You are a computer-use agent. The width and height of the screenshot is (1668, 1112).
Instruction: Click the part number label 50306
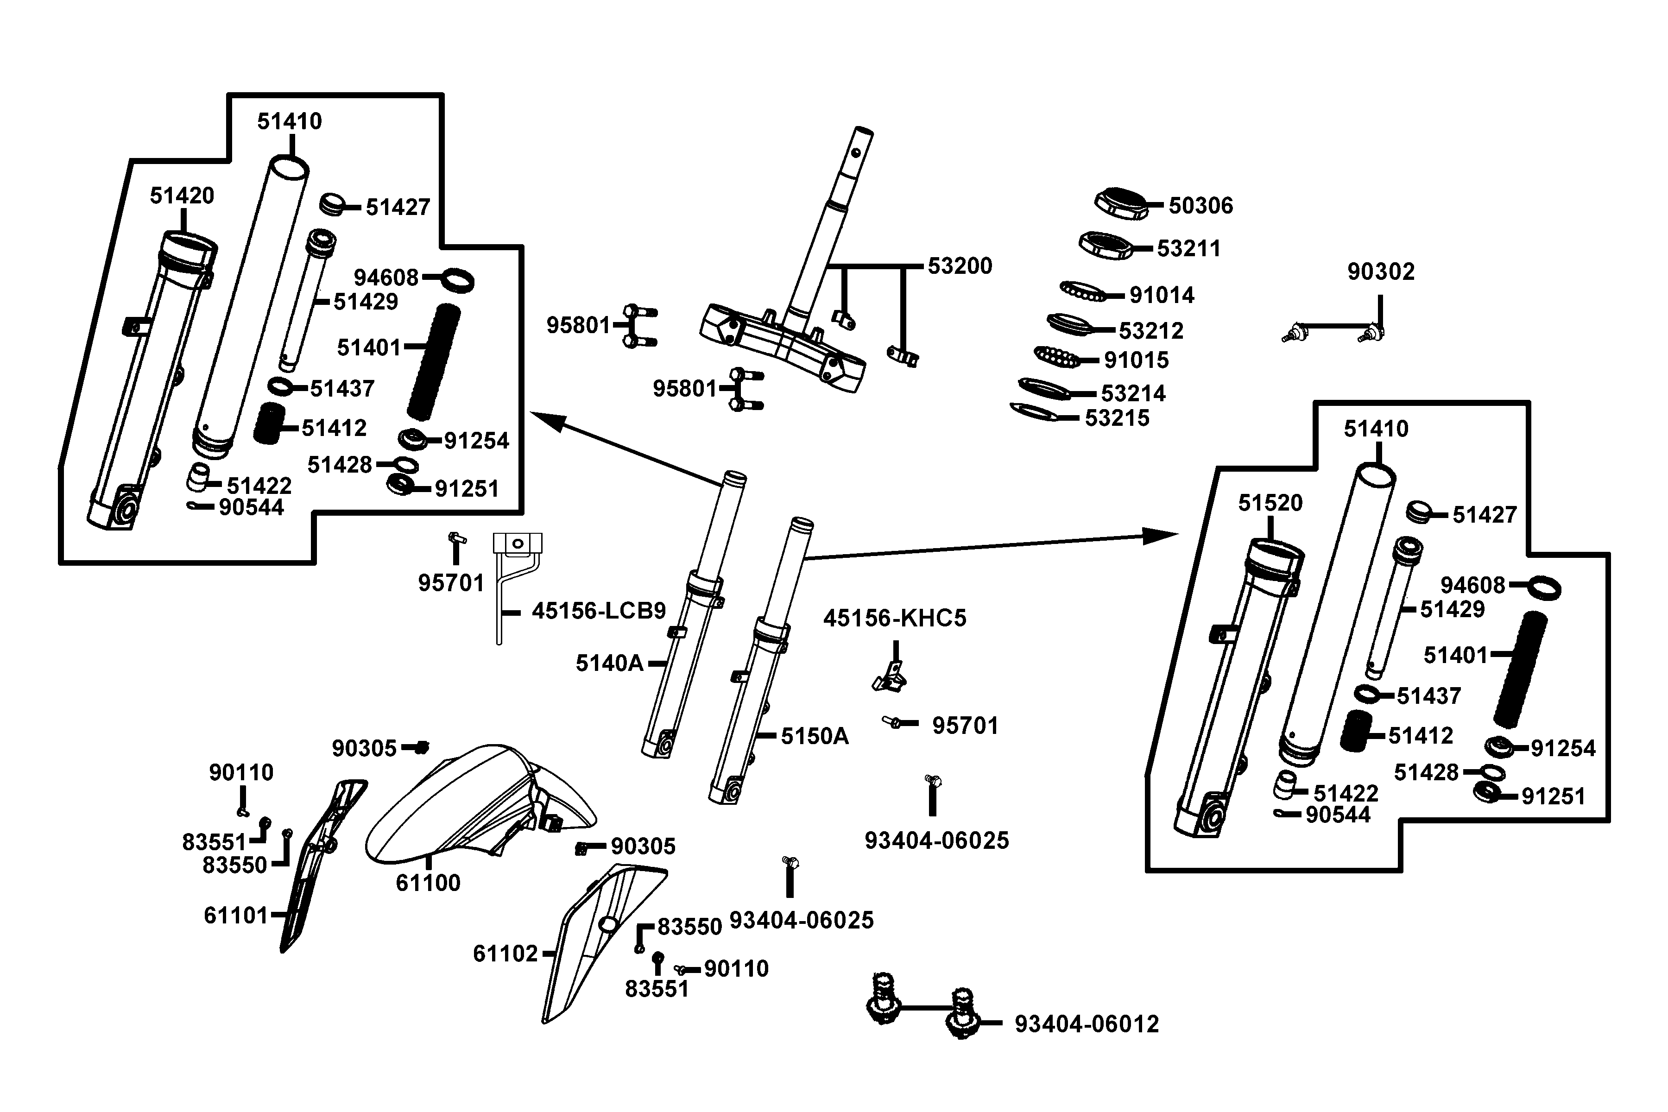(x=1200, y=206)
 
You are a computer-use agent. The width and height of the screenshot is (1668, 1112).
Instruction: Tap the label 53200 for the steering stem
(x=960, y=266)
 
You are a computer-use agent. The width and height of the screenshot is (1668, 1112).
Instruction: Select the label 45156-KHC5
(x=894, y=619)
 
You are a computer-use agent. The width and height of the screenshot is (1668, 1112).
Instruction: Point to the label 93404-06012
(x=1087, y=1024)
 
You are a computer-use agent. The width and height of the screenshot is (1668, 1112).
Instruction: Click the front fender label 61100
(x=428, y=883)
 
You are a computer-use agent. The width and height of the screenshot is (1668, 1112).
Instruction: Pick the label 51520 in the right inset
(x=1270, y=503)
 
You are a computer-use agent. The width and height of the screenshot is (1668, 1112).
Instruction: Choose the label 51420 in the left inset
(x=182, y=196)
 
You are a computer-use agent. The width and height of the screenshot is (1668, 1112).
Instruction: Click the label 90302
(x=1380, y=272)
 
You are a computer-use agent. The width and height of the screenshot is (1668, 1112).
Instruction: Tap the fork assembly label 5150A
(x=814, y=736)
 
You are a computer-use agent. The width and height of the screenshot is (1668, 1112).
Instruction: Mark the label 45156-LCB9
(x=599, y=611)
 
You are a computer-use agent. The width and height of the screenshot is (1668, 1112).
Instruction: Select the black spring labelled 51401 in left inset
(x=433, y=362)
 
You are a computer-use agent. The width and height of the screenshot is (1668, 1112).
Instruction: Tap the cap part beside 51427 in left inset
(x=331, y=204)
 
